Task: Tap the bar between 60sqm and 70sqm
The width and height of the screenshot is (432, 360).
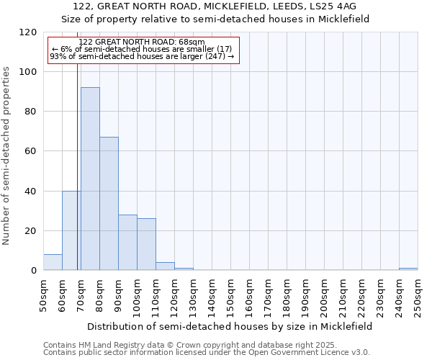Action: [x=71, y=230]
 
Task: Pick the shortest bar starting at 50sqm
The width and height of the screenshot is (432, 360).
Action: [x=53, y=262]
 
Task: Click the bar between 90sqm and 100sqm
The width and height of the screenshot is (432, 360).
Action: [x=127, y=243]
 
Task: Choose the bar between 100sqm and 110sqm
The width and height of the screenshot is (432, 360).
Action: [x=146, y=244]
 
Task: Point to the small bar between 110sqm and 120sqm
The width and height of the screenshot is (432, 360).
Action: [x=165, y=266]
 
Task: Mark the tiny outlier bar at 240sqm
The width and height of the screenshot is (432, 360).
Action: [x=408, y=269]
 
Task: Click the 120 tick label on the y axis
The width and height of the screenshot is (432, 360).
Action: [x=28, y=32]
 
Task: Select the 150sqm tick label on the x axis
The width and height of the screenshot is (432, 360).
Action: [x=230, y=295]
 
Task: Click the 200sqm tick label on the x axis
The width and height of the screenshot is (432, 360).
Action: [x=324, y=295]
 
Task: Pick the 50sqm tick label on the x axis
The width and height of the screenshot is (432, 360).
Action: [x=43, y=295]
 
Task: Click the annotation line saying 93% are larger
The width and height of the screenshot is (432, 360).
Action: [x=142, y=56]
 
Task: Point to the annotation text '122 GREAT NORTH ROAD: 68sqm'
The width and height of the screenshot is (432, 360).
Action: [x=142, y=42]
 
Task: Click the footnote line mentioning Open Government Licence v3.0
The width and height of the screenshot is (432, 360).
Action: [x=207, y=353]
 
